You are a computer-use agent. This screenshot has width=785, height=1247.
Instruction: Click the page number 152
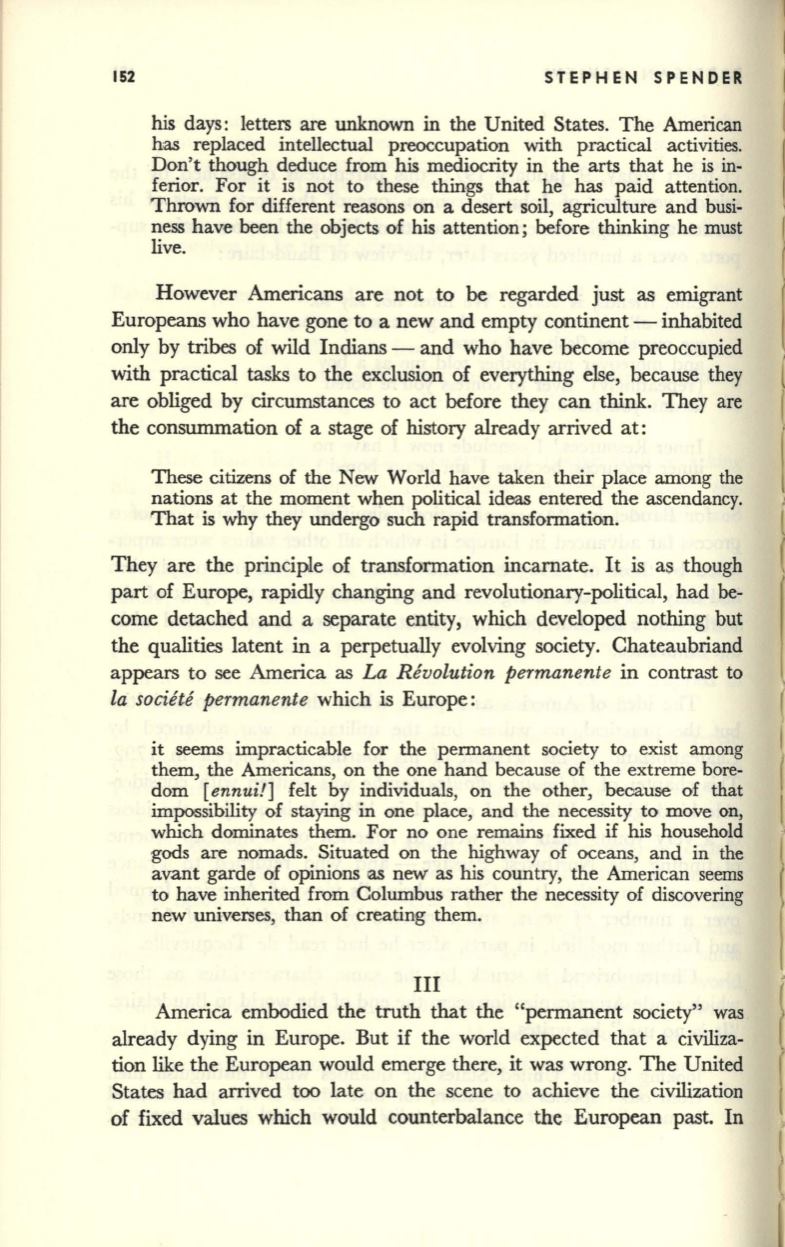125,78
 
